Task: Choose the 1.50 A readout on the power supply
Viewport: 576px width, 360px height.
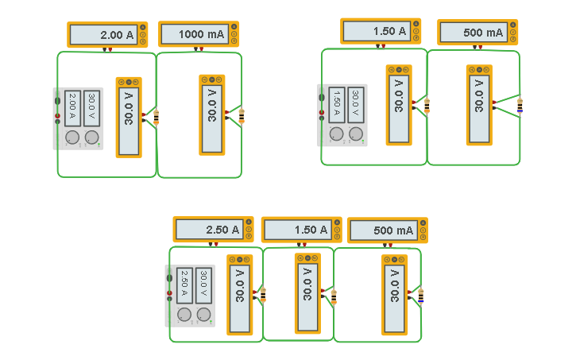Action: tap(337, 105)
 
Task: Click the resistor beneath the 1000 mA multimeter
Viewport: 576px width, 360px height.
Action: tap(242, 117)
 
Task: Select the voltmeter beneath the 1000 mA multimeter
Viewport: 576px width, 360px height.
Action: tap(212, 114)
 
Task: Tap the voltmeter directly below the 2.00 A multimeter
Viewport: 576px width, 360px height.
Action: tap(129, 117)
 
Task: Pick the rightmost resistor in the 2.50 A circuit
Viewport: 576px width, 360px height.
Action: tap(420, 296)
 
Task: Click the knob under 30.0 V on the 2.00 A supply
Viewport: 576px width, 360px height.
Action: tap(92, 137)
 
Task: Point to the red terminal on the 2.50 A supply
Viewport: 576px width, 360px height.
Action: tap(169, 293)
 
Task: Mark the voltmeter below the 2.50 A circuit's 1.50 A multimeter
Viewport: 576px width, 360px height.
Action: tap(307, 292)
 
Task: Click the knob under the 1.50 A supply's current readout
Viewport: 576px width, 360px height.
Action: tap(337, 134)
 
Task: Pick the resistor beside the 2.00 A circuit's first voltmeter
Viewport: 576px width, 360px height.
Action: tap(156, 117)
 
